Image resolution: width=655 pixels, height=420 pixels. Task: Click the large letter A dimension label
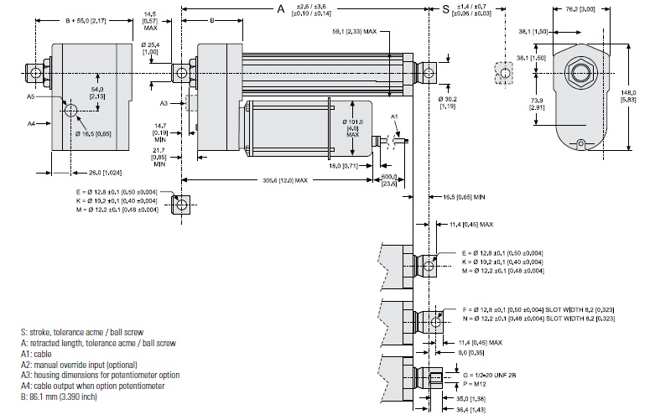click(x=282, y=9)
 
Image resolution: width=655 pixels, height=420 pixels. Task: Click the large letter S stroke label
click(x=444, y=9)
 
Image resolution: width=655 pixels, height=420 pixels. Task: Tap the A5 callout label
click(x=30, y=96)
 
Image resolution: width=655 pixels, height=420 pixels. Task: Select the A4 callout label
click(x=30, y=123)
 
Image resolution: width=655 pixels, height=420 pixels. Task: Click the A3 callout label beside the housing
click(x=166, y=102)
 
